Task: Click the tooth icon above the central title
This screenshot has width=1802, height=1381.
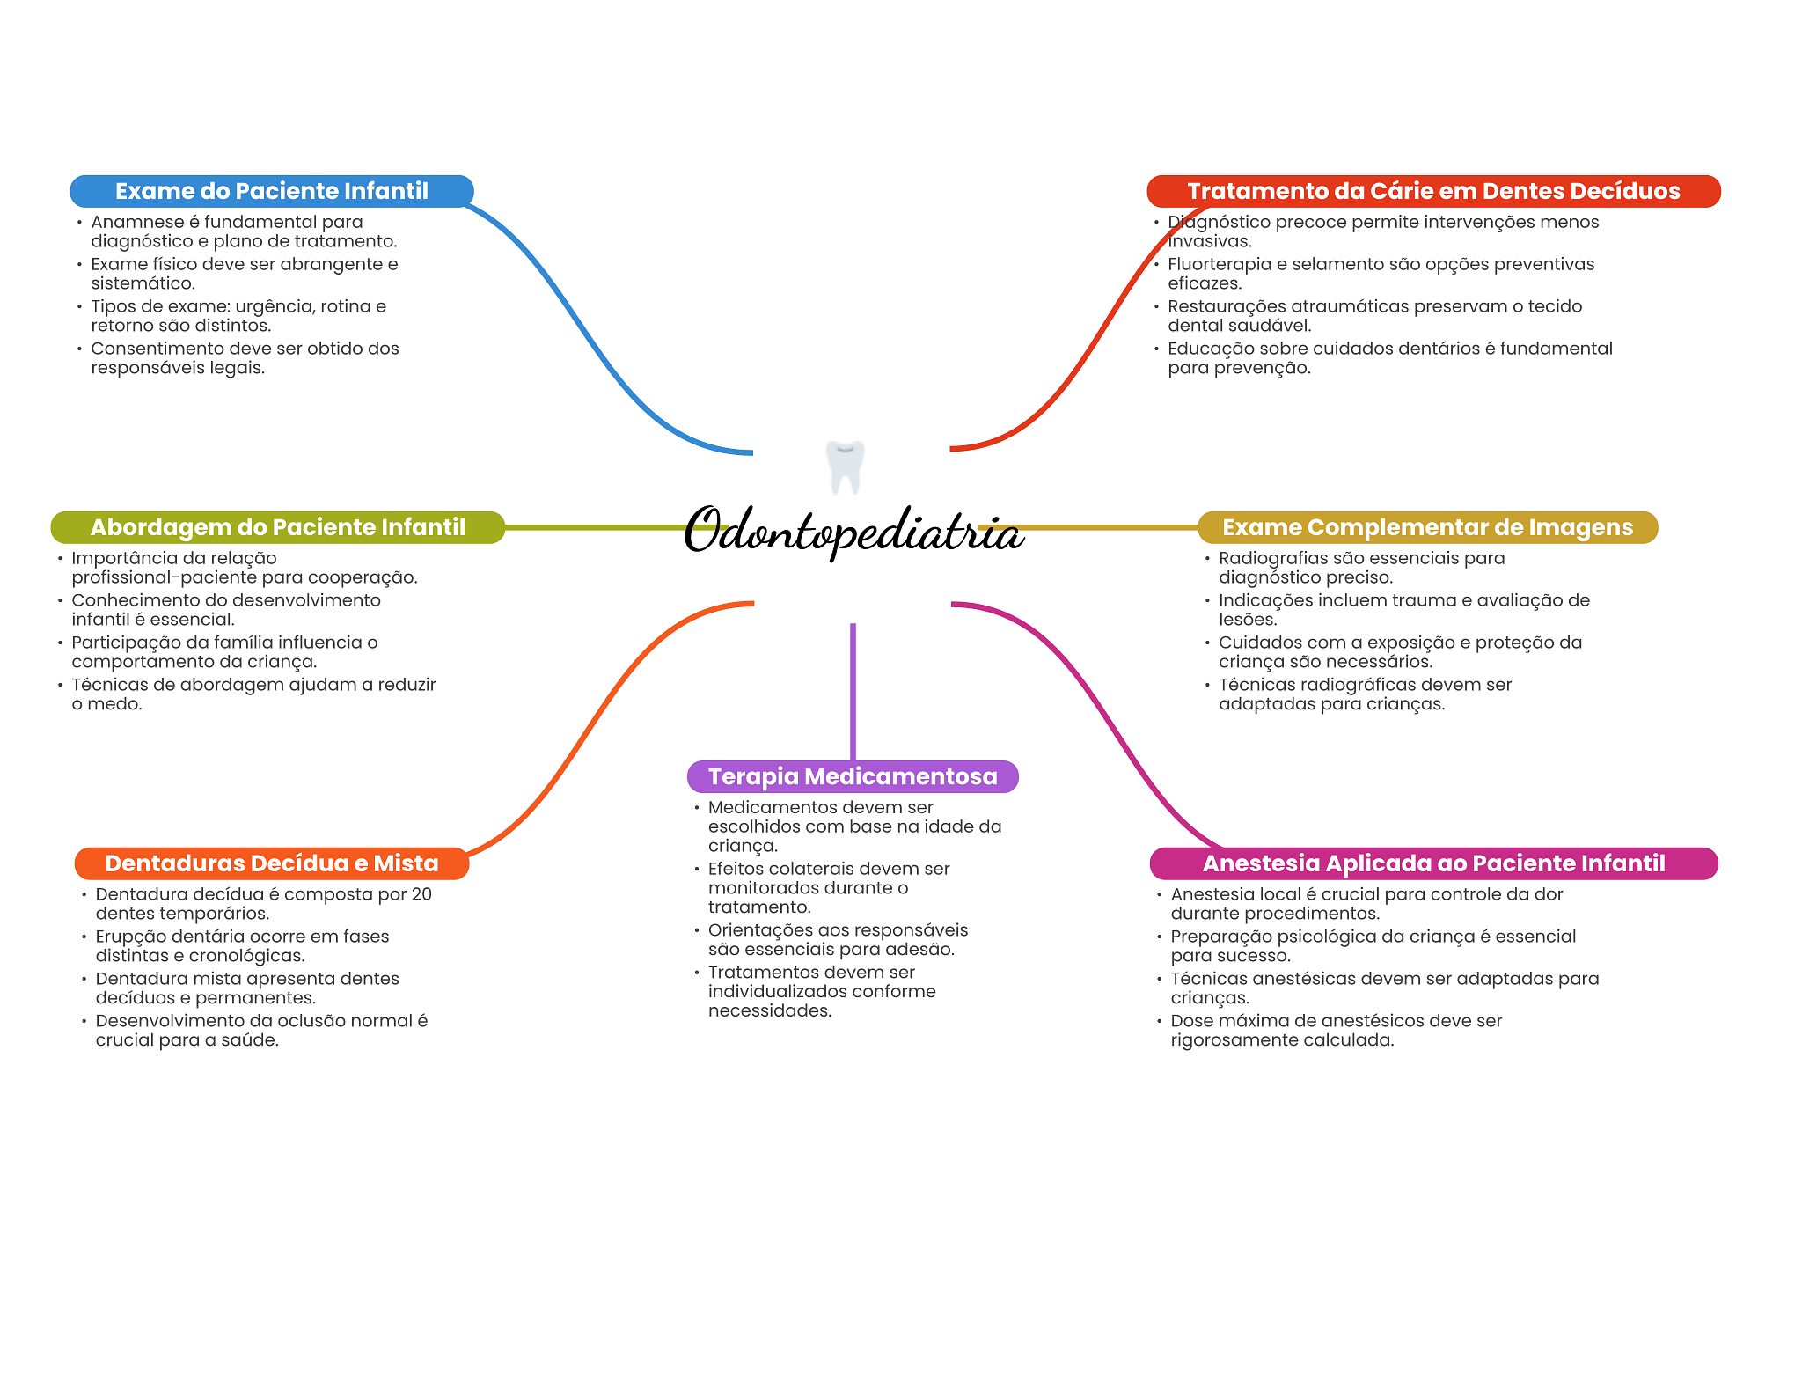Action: pyautogui.click(x=845, y=466)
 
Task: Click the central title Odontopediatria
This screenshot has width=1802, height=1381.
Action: pyautogui.click(x=853, y=532)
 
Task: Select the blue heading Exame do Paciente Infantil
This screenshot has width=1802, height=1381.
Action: pyautogui.click(x=271, y=191)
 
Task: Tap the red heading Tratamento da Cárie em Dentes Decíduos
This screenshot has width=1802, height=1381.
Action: pyautogui.click(x=1432, y=191)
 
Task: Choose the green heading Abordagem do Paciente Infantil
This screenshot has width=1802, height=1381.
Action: pyautogui.click(x=277, y=527)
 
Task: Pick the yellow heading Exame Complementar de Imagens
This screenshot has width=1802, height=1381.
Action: pyautogui.click(x=1427, y=527)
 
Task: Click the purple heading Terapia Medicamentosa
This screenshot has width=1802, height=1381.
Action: pyautogui.click(x=852, y=776)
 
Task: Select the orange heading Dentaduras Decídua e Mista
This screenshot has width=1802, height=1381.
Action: pyautogui.click(x=271, y=863)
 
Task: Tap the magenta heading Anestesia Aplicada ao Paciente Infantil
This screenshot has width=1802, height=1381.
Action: pyautogui.click(x=1432, y=863)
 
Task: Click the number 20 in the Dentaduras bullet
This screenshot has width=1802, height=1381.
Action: pyautogui.click(x=421, y=894)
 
